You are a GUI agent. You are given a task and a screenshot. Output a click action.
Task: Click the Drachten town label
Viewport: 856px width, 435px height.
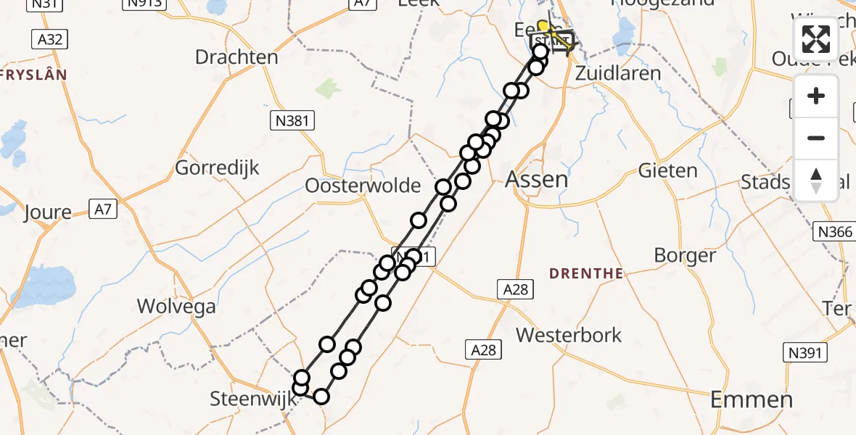[236, 57]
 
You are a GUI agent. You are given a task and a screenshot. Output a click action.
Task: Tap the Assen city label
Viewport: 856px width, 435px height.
[536, 178]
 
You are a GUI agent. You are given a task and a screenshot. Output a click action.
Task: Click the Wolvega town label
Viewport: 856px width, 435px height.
[176, 306]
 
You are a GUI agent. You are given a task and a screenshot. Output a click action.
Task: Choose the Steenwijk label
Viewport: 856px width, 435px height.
[248, 398]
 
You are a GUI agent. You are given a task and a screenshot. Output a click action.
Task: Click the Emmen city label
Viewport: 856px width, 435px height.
[751, 399]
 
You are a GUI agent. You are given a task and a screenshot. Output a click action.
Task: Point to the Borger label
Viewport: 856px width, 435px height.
[685, 255]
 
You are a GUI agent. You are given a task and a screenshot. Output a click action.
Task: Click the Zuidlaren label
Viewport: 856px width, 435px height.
[617, 73]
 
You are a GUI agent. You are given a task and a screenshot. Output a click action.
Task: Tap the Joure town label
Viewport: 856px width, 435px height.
[48, 212]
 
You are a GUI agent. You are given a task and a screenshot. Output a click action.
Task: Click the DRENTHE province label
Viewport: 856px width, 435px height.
[586, 273]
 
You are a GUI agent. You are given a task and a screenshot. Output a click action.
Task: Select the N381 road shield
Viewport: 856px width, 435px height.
[294, 121]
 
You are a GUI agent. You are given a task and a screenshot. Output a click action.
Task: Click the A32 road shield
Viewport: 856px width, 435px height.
[49, 39]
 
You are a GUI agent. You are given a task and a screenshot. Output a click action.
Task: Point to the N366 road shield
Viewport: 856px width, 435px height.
[831, 231]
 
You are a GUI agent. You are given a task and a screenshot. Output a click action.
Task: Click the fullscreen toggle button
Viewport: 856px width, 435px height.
[816, 39]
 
